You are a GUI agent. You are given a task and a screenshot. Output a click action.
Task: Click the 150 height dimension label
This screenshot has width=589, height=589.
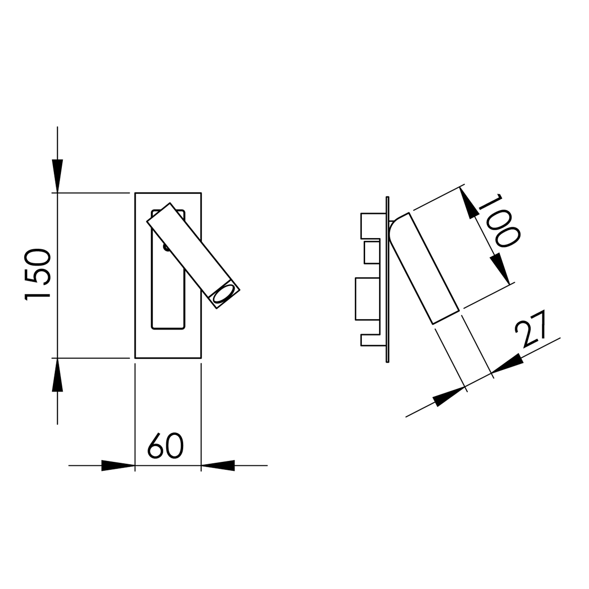coord(37,275)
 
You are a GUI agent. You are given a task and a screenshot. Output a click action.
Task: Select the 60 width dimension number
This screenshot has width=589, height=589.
coord(165,446)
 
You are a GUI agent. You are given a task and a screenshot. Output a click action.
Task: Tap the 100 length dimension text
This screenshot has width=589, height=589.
coord(499,220)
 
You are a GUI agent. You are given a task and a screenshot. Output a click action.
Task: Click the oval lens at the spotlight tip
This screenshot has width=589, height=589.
coord(222,294)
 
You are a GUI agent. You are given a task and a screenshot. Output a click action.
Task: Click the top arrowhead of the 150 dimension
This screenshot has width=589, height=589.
coord(57,176)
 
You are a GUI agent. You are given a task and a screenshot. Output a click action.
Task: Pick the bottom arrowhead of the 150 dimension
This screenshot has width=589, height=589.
coord(57,375)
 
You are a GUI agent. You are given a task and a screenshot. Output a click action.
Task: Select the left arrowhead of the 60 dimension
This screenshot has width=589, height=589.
coord(118,465)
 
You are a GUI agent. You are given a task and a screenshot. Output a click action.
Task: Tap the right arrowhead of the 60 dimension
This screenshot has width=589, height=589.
coord(218,465)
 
